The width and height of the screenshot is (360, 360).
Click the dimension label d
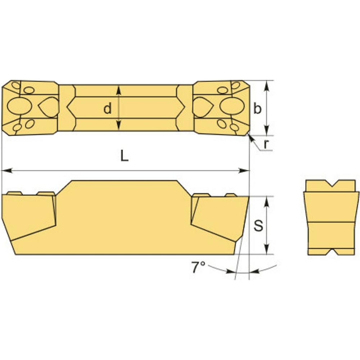107,108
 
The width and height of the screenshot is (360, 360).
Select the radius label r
266,144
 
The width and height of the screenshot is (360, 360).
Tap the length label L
125,156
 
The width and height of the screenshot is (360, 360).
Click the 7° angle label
198,267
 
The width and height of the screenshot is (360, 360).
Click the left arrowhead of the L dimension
7,171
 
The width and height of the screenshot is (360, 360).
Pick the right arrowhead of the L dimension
244,171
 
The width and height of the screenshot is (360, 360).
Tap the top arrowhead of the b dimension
266,85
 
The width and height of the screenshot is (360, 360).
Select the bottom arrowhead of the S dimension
266,249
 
